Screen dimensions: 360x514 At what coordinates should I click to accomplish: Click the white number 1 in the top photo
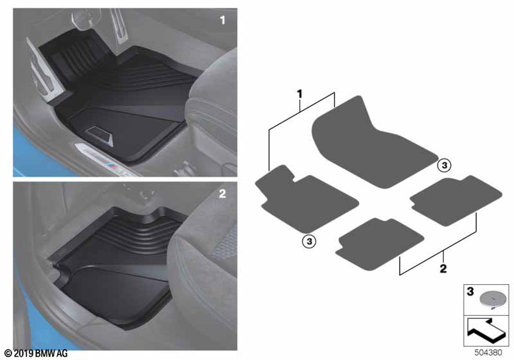click(223, 21)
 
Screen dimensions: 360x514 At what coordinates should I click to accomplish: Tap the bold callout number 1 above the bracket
click(299, 94)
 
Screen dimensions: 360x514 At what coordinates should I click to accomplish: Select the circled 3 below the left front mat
click(308, 241)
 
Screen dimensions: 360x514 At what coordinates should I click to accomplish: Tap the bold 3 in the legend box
click(470, 292)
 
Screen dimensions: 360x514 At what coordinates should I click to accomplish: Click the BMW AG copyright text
click(35, 354)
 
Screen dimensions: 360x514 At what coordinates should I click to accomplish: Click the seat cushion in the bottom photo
click(206, 264)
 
